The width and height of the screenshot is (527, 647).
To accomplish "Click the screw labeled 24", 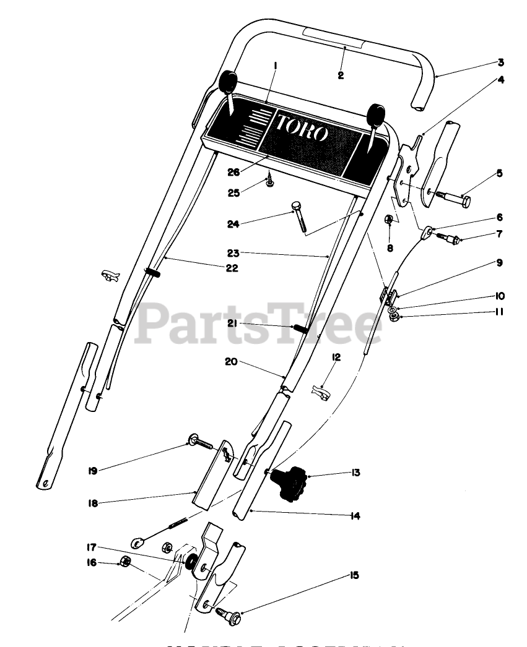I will coord(300,216).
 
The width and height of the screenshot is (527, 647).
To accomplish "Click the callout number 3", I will coord(500,63).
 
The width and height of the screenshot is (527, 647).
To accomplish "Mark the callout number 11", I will coord(499,312).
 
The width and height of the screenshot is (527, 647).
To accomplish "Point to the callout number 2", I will coord(341,75).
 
